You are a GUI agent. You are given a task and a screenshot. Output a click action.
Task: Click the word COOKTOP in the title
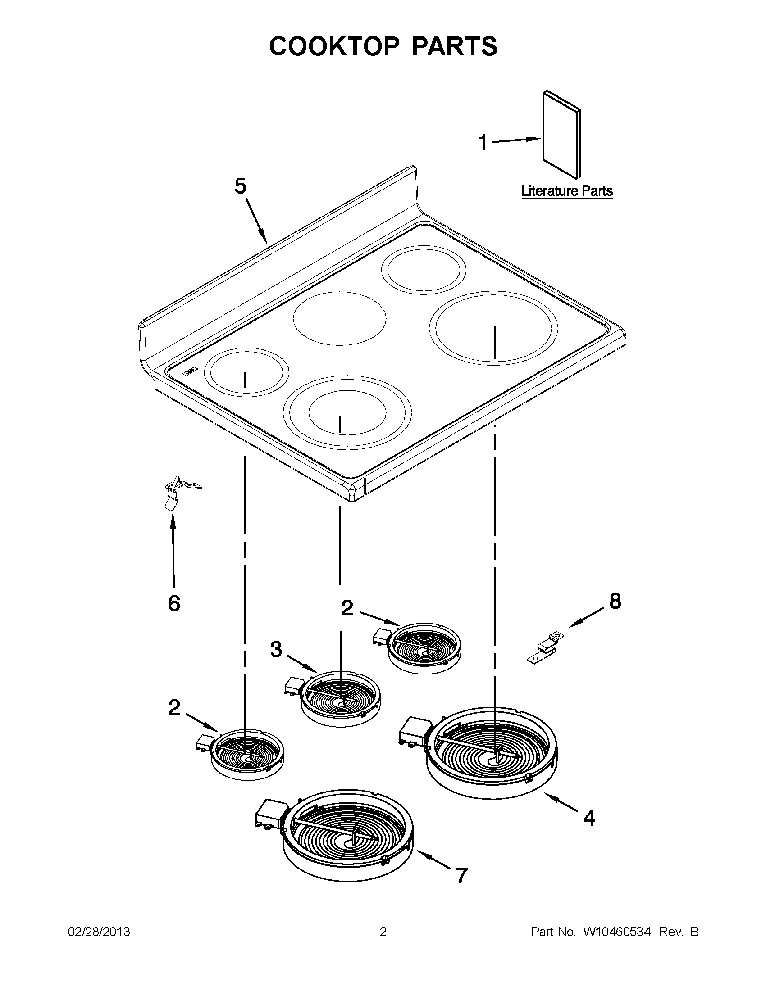click(334, 46)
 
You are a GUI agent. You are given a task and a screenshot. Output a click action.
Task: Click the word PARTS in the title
click(454, 46)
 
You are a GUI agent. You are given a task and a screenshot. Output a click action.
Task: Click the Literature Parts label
click(567, 191)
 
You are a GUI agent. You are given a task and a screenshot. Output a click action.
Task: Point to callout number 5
click(240, 186)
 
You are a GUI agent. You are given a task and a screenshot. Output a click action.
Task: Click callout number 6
click(174, 603)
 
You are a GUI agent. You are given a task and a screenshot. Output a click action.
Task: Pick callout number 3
click(276, 649)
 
